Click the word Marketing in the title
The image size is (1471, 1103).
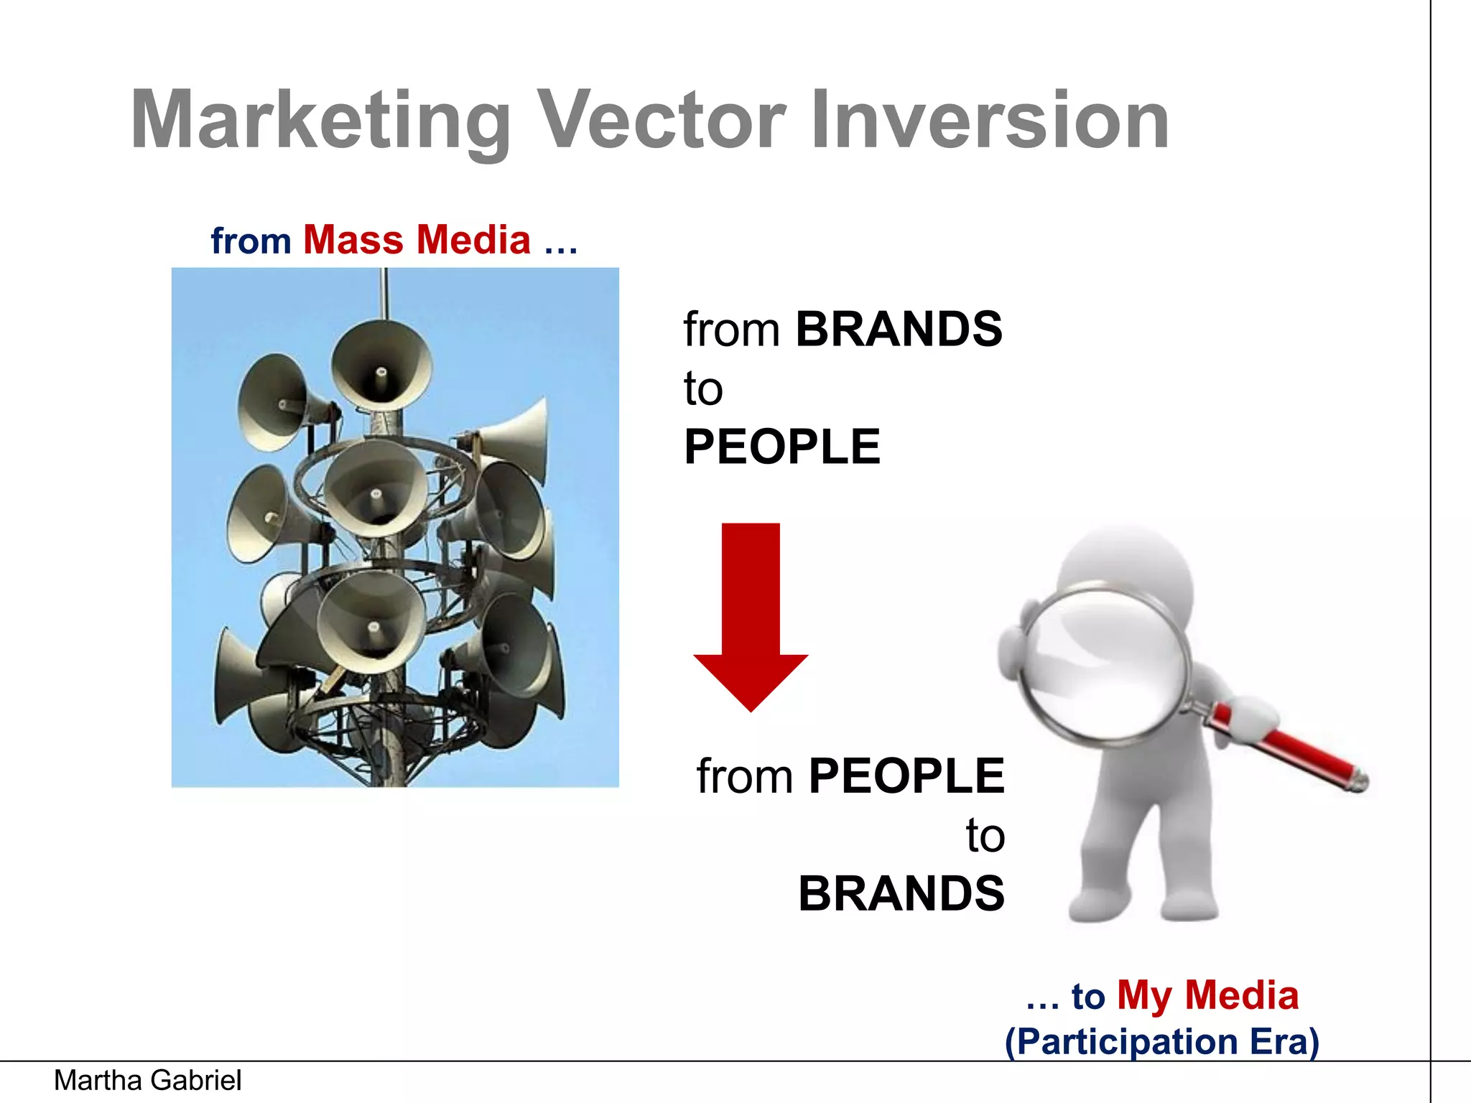(x=320, y=121)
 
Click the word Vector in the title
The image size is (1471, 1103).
(x=662, y=121)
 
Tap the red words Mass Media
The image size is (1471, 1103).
(x=417, y=240)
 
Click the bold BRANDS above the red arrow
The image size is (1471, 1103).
(x=899, y=330)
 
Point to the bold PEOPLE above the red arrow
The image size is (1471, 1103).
(x=781, y=447)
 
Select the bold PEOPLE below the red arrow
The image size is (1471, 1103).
(x=906, y=776)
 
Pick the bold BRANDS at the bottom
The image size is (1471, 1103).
(x=901, y=894)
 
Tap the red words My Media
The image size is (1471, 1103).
(x=1207, y=996)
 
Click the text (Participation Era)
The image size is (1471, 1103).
(x=1161, y=1041)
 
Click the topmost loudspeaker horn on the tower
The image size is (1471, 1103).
(x=381, y=366)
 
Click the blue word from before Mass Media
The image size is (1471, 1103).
(x=251, y=241)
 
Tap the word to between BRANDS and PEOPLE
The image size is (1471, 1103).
(x=702, y=389)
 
